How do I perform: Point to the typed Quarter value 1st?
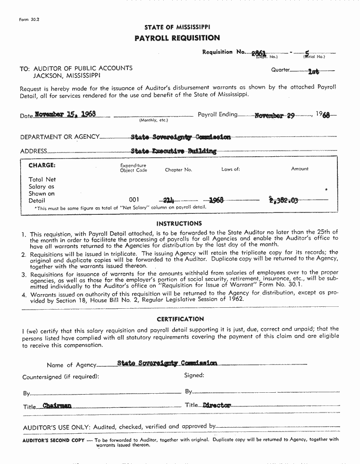pos(313,72)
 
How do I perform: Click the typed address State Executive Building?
pos(173,152)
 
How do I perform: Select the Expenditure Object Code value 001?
pos(134,200)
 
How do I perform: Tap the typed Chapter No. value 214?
pos(168,200)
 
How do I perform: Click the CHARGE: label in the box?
pos(42,166)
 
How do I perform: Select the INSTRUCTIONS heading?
pos(179,223)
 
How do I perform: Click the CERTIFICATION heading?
pos(180,319)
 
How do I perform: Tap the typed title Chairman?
pos(57,405)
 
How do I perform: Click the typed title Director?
pos(217,405)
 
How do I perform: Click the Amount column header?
pos(300,169)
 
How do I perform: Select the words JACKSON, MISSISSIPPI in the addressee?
pos(66,76)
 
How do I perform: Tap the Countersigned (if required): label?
pos(61,377)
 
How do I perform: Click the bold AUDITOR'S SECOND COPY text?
pos(53,439)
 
